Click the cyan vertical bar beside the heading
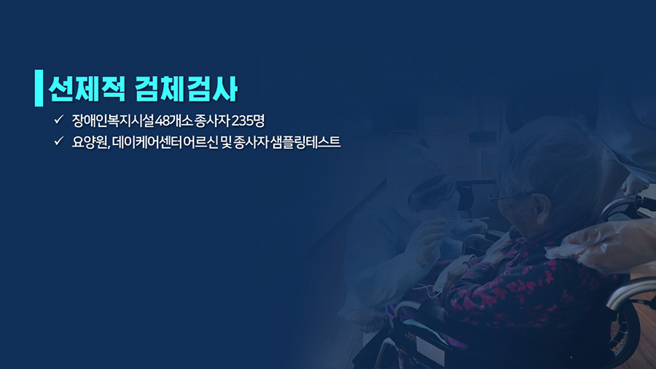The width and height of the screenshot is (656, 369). point(39,88)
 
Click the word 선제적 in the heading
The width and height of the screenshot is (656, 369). point(87,89)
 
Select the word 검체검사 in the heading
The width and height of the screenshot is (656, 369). point(187,89)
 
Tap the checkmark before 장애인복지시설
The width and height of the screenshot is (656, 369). point(58,120)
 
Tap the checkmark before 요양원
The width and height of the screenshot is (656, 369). point(58,141)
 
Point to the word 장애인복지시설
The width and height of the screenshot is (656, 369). point(112,121)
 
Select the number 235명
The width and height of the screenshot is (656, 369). point(248,121)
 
